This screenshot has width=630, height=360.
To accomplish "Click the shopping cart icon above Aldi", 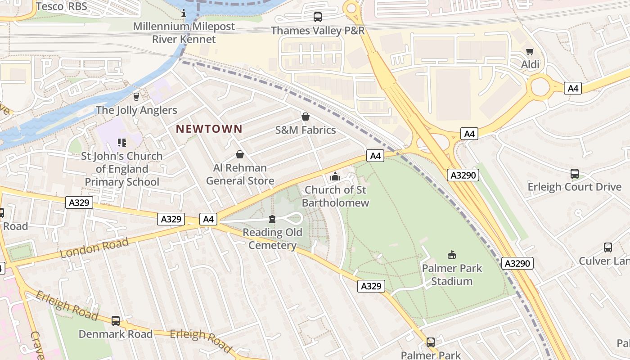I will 530,51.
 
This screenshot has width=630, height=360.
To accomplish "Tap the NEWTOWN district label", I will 209,129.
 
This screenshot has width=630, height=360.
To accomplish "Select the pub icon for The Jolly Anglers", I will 136,96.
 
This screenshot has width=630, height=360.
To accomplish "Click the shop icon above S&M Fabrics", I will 306,117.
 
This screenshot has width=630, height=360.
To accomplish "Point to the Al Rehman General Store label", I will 240,174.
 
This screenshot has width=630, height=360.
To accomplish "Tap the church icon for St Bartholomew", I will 335,176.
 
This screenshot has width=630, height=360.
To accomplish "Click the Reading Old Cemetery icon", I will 272,219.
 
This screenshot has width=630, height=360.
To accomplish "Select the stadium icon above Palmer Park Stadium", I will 452,255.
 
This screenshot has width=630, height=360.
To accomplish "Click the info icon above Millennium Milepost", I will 183,13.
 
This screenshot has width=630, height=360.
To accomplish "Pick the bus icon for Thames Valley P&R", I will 318,17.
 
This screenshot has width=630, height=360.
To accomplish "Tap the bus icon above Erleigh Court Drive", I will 575,174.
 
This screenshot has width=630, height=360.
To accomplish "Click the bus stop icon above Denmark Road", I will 116,321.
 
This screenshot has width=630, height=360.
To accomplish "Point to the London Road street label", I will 94,248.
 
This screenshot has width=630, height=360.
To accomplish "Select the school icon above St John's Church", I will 121,143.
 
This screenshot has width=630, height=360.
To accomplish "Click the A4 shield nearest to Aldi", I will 573,88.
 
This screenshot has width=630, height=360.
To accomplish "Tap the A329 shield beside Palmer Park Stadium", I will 371,286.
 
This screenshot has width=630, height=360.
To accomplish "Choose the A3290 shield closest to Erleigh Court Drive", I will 463,175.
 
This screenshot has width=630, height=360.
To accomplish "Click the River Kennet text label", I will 184,39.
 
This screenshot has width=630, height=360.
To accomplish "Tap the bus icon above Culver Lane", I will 608,247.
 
